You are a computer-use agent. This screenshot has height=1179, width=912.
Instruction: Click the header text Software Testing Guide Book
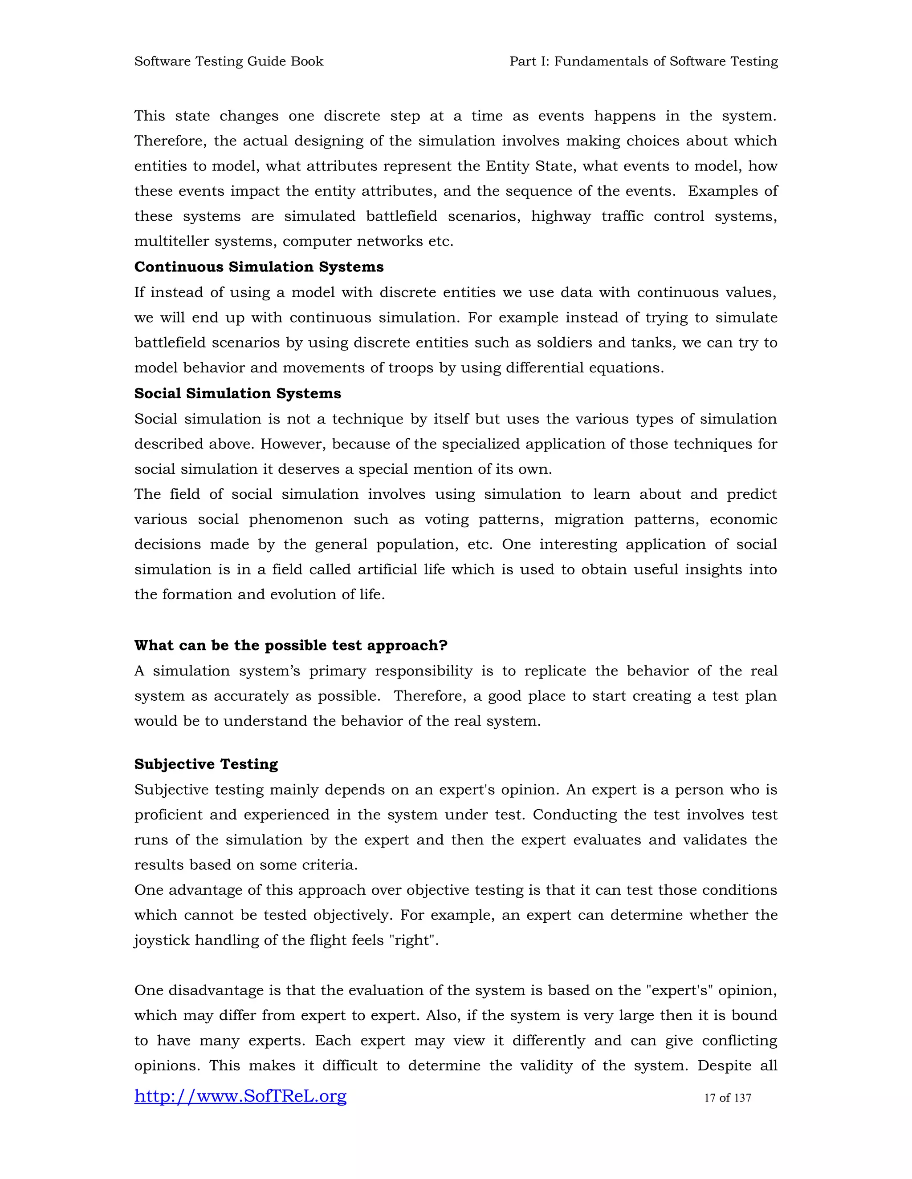[x=228, y=61]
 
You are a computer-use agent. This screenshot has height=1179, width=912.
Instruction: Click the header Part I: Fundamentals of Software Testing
[x=643, y=61]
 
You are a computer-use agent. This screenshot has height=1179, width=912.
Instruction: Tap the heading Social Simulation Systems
[x=237, y=394]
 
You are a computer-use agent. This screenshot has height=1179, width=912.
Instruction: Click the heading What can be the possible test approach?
[x=291, y=646]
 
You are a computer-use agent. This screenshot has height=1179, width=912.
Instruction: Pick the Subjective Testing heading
[x=206, y=764]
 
